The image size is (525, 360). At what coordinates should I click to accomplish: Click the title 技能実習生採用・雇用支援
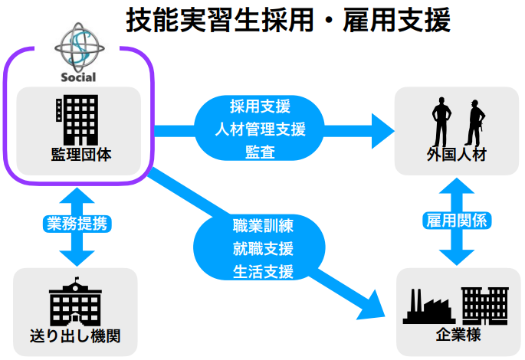287,21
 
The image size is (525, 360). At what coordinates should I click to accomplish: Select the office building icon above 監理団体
77,119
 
